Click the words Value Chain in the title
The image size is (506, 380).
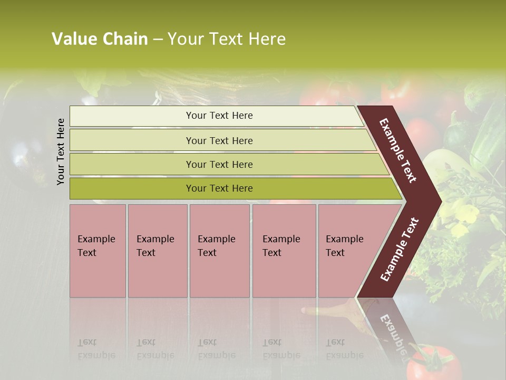pos(100,39)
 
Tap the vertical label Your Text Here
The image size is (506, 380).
pos(61,151)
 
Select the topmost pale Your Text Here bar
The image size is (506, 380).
pos(219,116)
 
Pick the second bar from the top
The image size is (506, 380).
pos(219,140)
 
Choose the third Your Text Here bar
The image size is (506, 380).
pos(219,164)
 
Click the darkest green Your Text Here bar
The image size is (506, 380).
pos(219,188)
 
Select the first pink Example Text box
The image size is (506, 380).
pos(98,251)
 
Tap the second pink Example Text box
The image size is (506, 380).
pos(157,251)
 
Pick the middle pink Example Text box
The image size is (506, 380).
pos(219,251)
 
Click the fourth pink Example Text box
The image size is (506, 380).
pos(284,251)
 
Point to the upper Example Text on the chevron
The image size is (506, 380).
pos(398,150)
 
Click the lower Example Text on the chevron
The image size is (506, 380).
pos(400,250)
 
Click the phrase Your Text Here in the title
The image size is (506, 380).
pos(227,39)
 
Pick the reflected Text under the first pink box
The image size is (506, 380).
pos(87,342)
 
